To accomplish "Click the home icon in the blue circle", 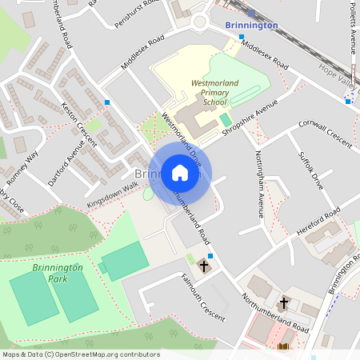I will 179,173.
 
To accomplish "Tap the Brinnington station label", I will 251,25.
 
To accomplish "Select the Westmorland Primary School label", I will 214,92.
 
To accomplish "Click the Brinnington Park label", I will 58,272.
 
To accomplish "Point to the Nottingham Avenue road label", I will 258,185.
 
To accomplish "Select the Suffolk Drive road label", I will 310,170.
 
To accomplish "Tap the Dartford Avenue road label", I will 66,162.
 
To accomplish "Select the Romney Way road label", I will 22,164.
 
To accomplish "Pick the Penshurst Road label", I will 132,14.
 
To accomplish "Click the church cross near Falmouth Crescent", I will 203,265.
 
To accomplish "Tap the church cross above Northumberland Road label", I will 283,303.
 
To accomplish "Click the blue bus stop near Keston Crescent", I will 107,102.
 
